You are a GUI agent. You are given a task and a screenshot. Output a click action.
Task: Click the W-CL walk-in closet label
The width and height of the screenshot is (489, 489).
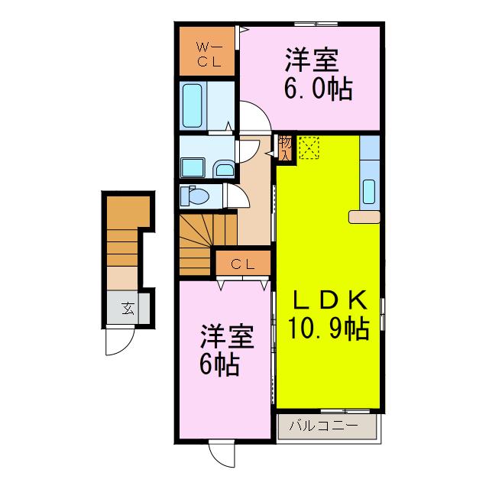coord(209,55)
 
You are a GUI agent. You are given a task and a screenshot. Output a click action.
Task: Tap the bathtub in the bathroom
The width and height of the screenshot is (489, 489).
coord(192,105)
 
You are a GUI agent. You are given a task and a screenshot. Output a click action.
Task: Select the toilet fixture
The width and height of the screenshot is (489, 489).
coord(195,196)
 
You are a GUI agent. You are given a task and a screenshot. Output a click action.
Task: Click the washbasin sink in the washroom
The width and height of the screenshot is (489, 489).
coord(224,170)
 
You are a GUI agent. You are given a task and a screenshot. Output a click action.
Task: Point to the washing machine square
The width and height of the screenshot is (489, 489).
coord(193,168)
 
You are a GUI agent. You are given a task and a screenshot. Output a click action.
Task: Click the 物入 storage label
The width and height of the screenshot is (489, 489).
coord(285,147)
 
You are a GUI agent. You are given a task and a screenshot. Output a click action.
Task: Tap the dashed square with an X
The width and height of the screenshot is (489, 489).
coord(309,147)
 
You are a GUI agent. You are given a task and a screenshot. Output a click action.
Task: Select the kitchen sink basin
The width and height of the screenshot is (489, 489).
coord(369,192)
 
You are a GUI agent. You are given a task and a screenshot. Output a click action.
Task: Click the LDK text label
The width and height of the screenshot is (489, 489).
coord(329,300)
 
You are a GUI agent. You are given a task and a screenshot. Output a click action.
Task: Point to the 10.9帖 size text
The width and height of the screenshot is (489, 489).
coord(329,328)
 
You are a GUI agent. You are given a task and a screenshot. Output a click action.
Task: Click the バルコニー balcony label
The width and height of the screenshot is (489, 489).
coord(324,426)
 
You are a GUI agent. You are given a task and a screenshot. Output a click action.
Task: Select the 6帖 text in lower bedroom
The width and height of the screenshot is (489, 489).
coord(219,364)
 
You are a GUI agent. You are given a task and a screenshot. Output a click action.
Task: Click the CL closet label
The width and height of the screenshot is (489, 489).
coord(243,265)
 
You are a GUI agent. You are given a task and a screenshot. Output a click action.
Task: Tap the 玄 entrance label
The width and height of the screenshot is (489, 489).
coord(128,309)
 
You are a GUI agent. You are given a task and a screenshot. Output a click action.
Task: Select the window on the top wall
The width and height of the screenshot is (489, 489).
coord(316,24)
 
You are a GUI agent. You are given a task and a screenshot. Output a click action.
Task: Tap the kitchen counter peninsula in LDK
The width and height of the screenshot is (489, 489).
coord(364,217)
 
